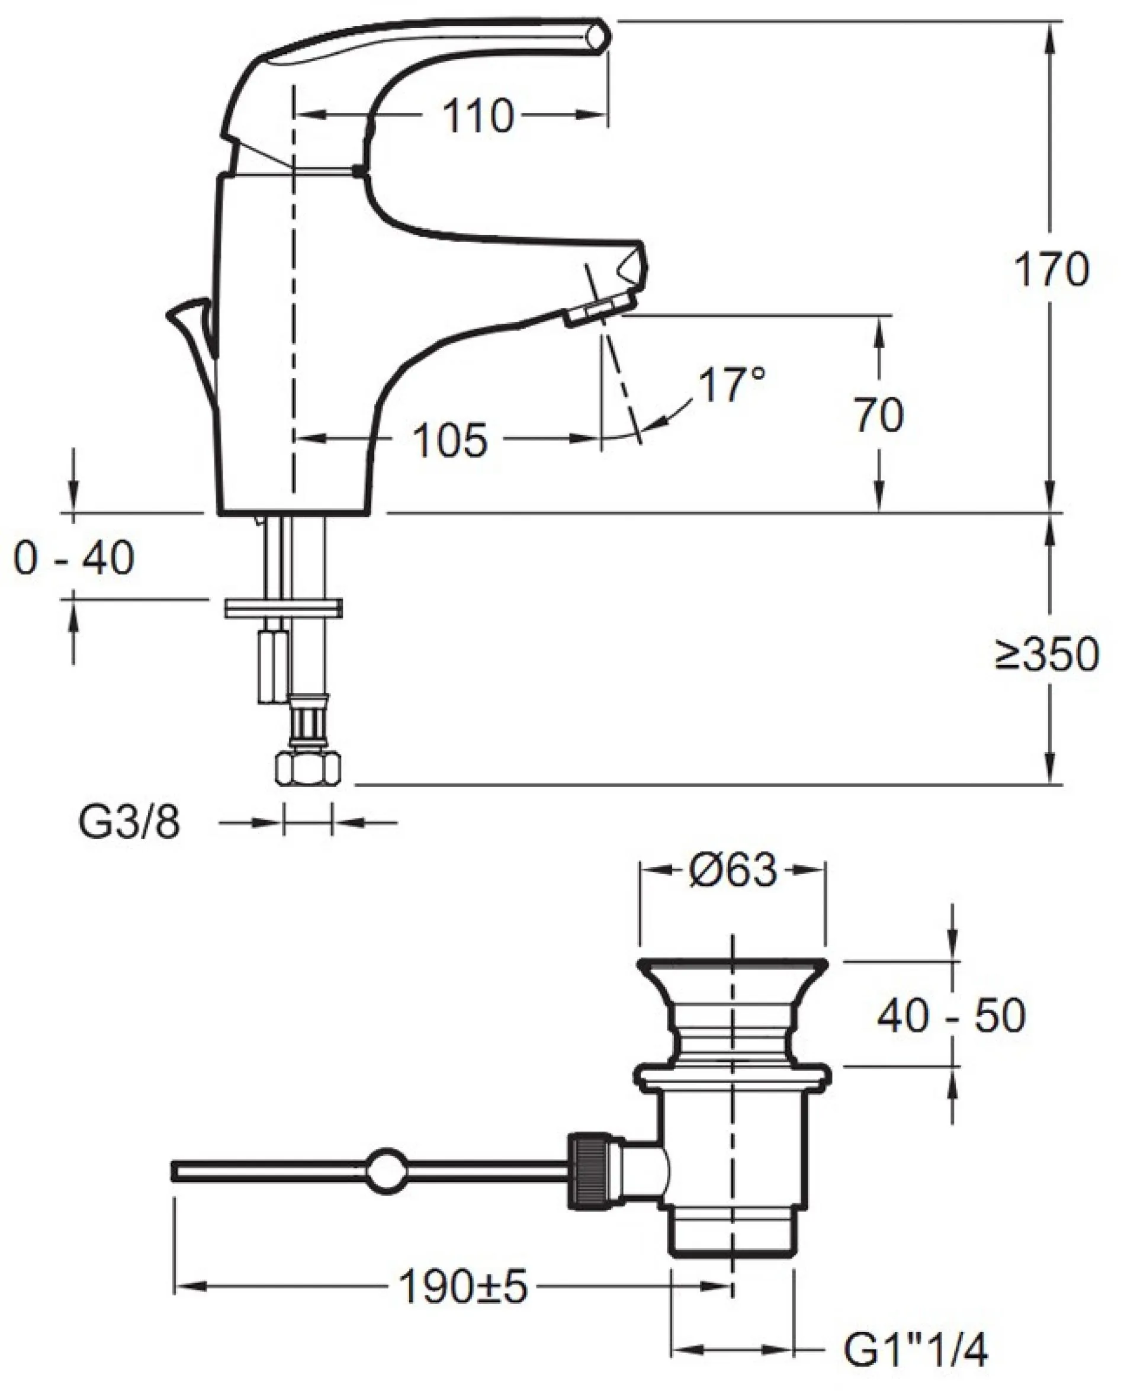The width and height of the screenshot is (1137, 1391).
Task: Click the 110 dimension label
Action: click(477, 117)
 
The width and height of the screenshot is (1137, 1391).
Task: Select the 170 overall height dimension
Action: click(1051, 269)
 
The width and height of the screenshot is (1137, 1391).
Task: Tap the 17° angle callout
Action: click(731, 385)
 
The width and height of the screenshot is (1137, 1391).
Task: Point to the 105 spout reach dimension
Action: click(451, 440)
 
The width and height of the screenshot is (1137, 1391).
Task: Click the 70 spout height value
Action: click(878, 415)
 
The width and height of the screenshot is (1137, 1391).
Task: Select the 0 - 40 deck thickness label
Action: click(73, 558)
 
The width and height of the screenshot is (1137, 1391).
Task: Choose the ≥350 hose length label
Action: click(1046, 654)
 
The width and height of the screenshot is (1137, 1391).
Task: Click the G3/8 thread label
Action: click(129, 823)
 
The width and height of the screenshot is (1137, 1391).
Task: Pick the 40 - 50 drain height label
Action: click(951, 1017)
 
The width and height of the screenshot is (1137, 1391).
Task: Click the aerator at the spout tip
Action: click(599, 309)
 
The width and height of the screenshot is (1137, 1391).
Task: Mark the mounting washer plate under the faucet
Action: click(283, 607)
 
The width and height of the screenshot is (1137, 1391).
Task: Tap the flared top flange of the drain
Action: click(731, 968)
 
